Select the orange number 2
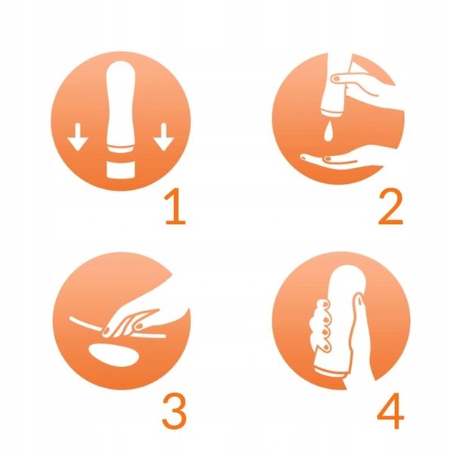[390, 206]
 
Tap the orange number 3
[174, 411]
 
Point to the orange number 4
[390, 411]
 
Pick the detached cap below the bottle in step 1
[120, 169]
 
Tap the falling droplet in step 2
[328, 131]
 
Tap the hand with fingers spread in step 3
[130, 322]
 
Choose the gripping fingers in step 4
[322, 325]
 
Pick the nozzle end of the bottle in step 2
[331, 113]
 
